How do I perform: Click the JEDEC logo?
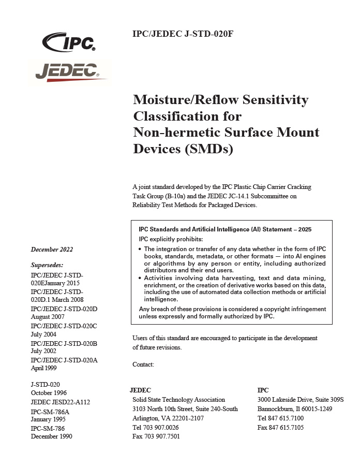coord(69,71)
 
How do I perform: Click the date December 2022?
coord(52,250)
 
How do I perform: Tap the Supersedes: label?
coord(48,264)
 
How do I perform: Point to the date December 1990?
coord(52,436)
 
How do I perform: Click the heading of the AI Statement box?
coord(225,229)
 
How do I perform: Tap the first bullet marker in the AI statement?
coord(141,249)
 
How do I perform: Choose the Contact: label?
coord(143,364)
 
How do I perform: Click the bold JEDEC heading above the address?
coord(140,390)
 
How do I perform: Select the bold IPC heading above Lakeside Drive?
coord(263,390)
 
